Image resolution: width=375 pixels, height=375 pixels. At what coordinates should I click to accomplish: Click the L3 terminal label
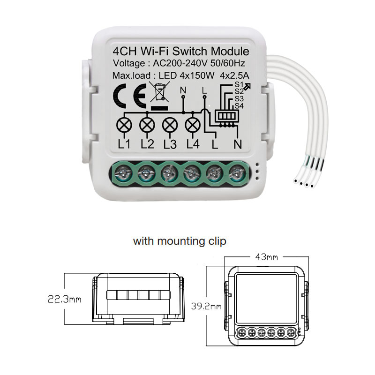(170, 144)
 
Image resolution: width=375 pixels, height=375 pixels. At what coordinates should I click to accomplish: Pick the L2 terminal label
(147, 144)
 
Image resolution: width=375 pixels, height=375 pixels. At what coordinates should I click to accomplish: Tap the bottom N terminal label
(237, 144)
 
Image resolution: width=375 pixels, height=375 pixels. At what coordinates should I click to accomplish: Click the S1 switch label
(239, 84)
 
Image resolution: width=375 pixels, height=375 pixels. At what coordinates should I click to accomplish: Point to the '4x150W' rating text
(199, 75)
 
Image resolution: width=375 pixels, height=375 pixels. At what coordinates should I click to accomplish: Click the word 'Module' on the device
(232, 52)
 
